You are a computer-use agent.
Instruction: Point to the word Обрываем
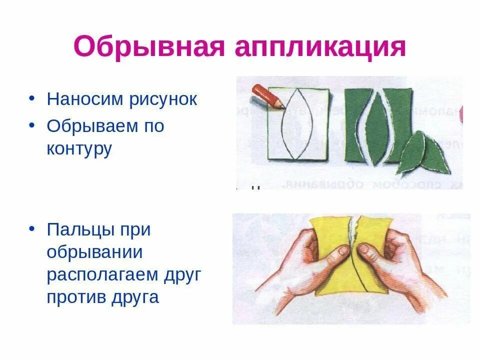point(92,125)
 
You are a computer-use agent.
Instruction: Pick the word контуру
point(79,148)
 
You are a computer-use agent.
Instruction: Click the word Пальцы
point(80,230)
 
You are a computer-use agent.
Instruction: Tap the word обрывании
point(95,252)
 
